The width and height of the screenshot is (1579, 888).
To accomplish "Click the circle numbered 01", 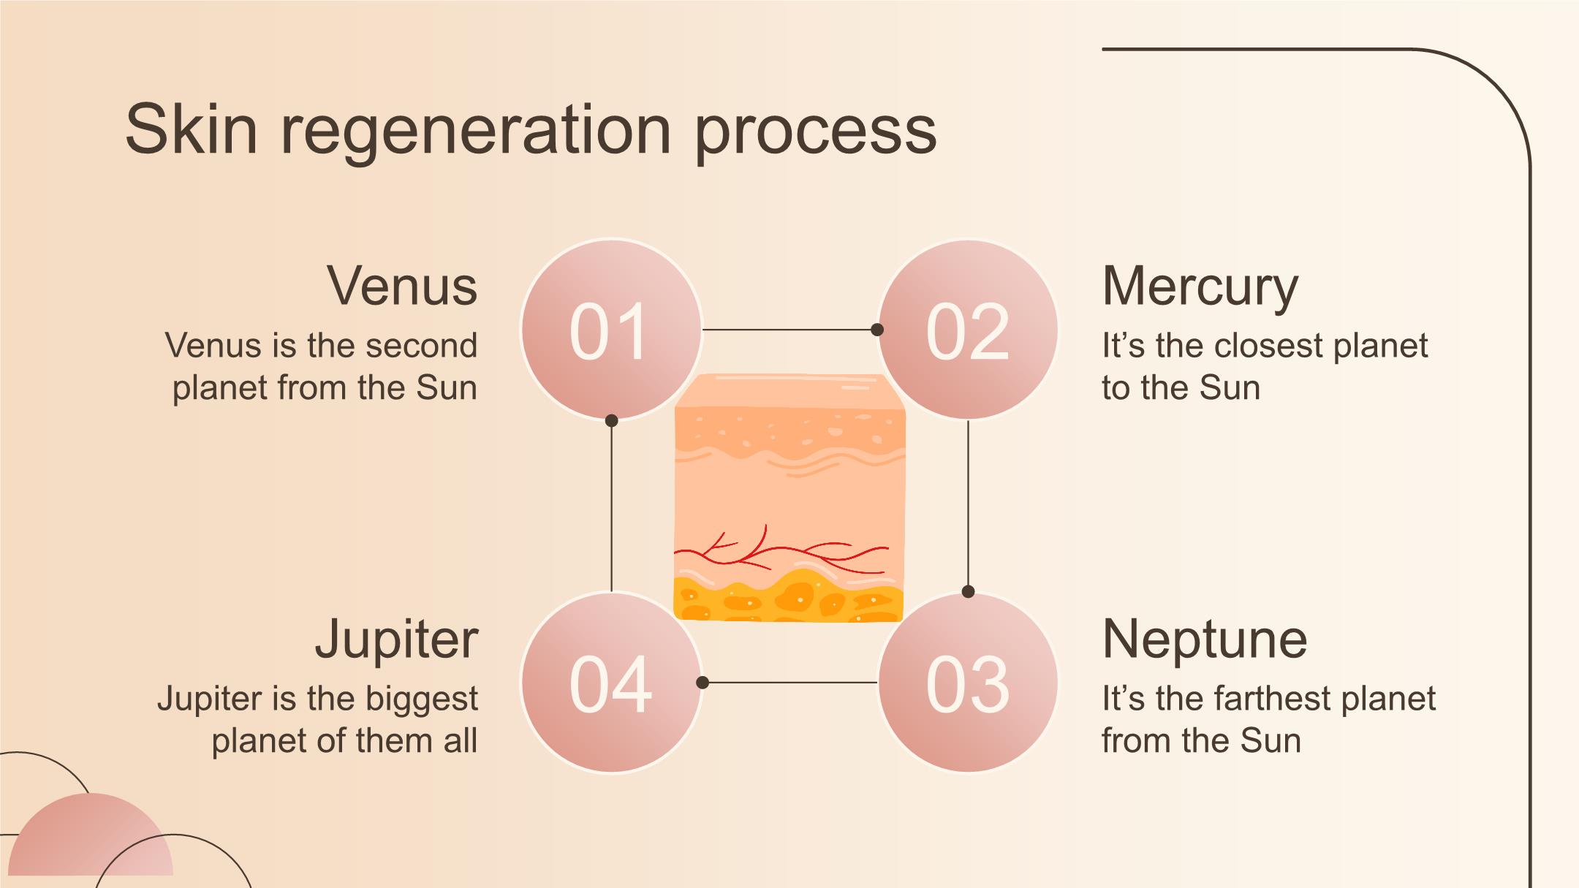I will [x=611, y=330].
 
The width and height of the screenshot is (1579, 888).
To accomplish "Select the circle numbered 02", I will [x=968, y=330].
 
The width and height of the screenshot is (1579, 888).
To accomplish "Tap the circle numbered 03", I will [x=968, y=683].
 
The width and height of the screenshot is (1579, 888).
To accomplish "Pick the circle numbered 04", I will [x=611, y=683].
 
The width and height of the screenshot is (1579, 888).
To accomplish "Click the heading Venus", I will [x=402, y=286].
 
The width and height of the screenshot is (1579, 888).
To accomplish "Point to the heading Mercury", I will [x=1200, y=286].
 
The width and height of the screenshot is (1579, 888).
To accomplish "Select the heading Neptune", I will [x=1204, y=640].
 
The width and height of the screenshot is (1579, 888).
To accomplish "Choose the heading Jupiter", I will [x=397, y=640].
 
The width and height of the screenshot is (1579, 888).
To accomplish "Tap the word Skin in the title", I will [x=192, y=130].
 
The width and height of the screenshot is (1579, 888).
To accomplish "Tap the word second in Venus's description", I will [x=421, y=346].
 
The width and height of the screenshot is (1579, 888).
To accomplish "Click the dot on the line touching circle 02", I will [x=877, y=330].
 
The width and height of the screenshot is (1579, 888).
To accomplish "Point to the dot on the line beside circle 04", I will [x=703, y=683].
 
